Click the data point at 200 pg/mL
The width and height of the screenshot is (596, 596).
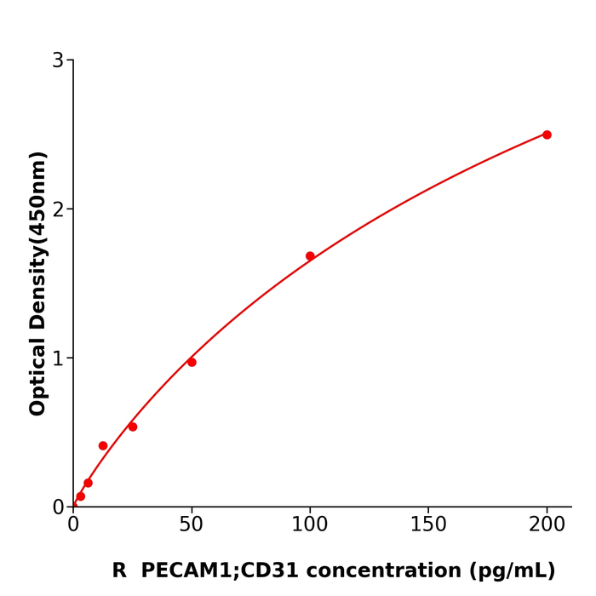coord(547,135)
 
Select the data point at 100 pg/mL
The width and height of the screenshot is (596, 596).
coord(310,256)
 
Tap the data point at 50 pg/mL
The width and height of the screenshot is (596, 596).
coord(192,362)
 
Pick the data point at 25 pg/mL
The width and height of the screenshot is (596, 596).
coord(133,427)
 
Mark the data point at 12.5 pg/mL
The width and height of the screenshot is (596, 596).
coord(103,445)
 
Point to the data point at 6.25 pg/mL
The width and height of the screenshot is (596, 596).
coord(88,483)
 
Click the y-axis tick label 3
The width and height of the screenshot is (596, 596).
coord(58,60)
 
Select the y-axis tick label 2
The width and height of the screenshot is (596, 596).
coord(58,209)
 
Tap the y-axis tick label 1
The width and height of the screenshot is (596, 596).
coord(58,358)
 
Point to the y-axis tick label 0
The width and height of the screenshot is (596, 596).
coord(58,507)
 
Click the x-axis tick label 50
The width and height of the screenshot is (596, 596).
coord(192,525)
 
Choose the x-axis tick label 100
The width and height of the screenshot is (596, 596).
coord(310,525)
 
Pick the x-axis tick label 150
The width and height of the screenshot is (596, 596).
coord(428,525)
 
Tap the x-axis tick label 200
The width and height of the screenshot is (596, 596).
coord(547,525)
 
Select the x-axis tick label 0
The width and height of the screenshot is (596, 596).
coord(73,525)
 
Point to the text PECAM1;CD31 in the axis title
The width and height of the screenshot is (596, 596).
coord(211,571)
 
